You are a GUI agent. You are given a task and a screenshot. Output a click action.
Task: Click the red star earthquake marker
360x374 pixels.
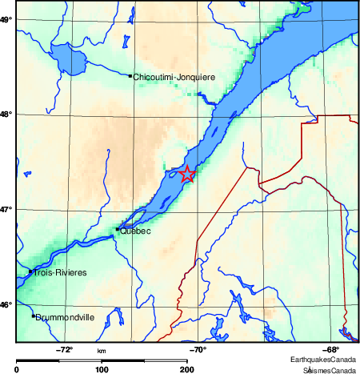(x=187, y=175)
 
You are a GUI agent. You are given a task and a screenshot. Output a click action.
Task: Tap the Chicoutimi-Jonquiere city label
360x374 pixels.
(x=174, y=77)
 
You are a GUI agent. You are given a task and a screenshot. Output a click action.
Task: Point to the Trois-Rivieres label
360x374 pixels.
(x=59, y=272)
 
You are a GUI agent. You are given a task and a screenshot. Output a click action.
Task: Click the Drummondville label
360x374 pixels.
(x=65, y=317)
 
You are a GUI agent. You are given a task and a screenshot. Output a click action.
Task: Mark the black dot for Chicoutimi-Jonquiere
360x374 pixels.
(x=130, y=76)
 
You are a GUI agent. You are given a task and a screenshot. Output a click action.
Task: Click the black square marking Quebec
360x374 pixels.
(x=118, y=229)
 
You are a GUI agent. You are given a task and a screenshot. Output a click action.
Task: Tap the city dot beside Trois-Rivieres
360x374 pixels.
(x=30, y=271)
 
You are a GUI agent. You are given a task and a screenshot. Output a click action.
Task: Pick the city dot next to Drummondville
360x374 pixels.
(x=33, y=316)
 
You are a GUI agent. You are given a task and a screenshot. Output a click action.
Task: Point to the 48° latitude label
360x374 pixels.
(x=5, y=114)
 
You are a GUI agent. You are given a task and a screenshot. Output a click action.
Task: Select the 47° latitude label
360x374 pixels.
(x=5, y=210)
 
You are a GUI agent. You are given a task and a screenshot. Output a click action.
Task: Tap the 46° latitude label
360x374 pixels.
(x=5, y=304)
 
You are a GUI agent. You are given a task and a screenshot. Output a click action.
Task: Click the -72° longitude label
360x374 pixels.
(x=65, y=348)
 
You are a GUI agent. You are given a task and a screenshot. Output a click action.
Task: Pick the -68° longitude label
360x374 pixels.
(x=329, y=348)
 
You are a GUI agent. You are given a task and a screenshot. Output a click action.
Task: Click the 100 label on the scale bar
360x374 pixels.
(x=102, y=369)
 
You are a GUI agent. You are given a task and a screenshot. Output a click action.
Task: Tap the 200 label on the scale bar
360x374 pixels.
(x=186, y=369)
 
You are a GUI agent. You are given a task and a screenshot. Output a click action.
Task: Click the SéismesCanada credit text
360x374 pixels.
(x=328, y=368)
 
